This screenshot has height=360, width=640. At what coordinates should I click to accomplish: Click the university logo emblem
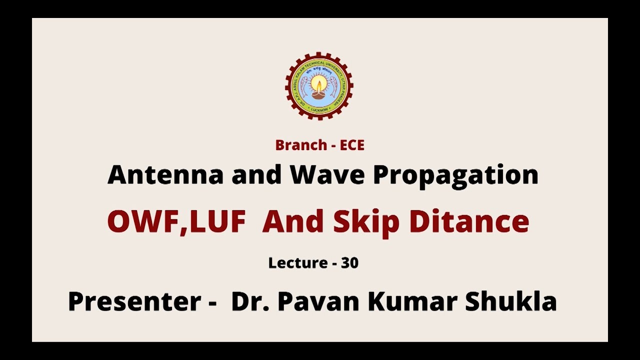pos(319,86)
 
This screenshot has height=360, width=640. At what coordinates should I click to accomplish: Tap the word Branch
pos(301,145)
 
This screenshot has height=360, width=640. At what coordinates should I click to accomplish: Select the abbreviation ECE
pos(352,145)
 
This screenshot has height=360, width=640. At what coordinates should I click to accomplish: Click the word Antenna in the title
pos(165,174)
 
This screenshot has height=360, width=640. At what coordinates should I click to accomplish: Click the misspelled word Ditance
pos(469,221)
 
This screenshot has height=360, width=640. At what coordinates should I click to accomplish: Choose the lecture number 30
pos(349,263)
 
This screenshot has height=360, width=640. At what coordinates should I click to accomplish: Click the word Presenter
pos(134,301)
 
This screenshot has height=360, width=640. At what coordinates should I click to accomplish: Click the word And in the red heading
pos(292,221)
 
